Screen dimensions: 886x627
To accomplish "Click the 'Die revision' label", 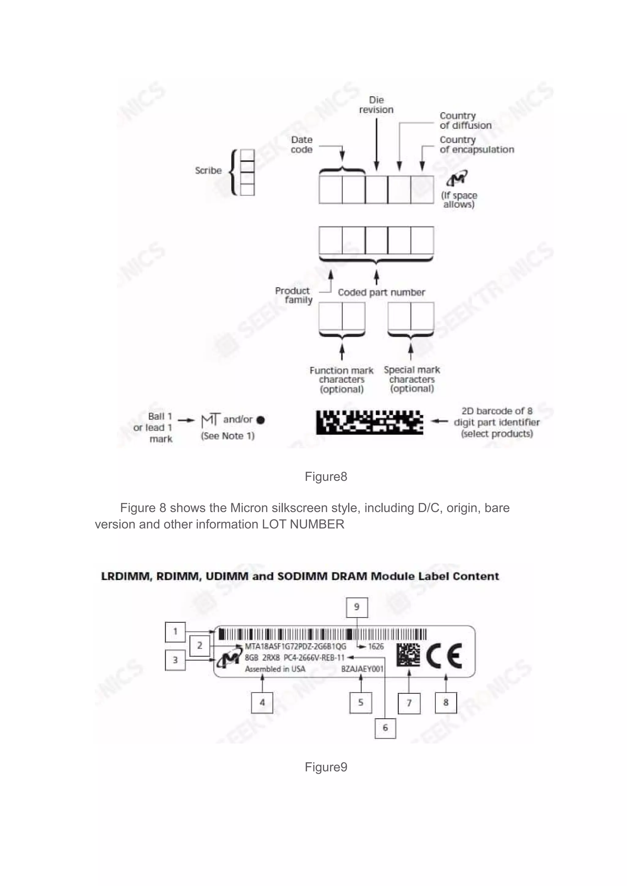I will coord(376,105).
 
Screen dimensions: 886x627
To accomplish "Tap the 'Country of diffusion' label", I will coord(465,121).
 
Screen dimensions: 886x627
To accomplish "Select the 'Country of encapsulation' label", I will coord(476,145).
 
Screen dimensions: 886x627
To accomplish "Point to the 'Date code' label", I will coord(302,145).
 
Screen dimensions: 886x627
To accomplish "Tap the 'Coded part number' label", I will coord(381,292).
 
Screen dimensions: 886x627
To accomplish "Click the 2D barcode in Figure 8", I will coord(370,422).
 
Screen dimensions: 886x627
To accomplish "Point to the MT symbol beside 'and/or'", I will coord(210,420).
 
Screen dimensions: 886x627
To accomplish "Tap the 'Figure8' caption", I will coord(325,477).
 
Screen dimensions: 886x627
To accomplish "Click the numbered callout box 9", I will coord(356,607).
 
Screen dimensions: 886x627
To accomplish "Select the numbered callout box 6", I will coord(385,728).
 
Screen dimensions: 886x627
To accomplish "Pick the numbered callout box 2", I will coord(200,645).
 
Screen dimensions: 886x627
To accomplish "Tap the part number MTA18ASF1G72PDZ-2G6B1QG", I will coord(295,646).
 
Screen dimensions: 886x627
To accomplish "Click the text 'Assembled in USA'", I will coord(275,669).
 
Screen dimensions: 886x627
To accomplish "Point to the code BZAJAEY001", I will coord(362,669).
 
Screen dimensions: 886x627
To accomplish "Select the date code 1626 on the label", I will coord(376,646).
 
